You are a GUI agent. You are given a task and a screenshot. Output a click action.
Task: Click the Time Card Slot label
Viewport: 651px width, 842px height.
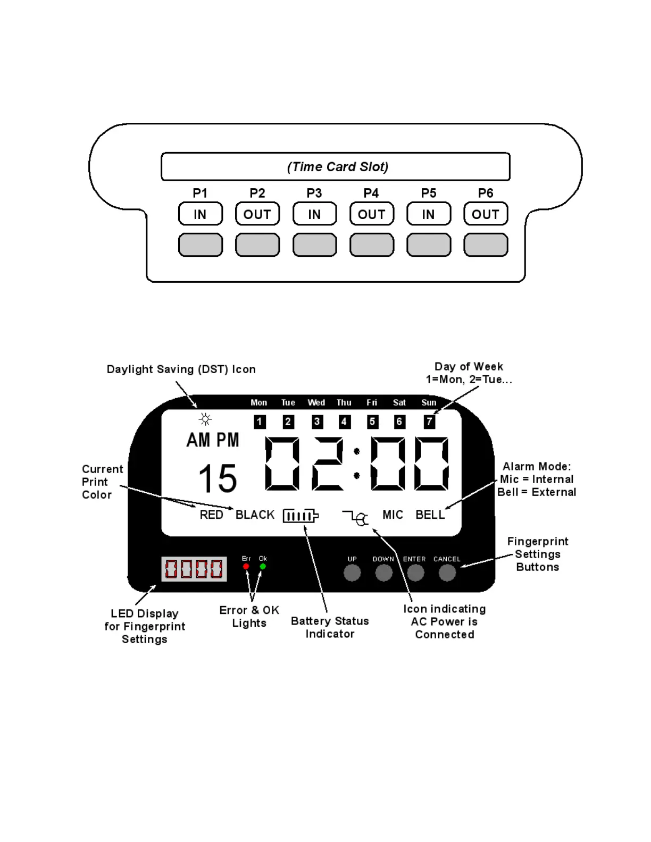point(337,167)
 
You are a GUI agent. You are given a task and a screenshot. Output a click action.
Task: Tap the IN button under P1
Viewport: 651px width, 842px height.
point(200,214)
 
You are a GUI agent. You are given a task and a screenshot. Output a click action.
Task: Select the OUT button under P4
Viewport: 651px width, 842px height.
point(371,214)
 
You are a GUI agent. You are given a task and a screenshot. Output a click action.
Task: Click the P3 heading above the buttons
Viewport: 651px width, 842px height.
point(314,193)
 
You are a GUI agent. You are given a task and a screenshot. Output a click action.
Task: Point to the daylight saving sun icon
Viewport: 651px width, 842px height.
point(205,419)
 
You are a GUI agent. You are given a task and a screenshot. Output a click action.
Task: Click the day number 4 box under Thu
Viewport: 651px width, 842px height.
point(344,422)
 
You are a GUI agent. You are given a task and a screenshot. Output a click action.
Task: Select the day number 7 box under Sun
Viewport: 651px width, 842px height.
point(429,422)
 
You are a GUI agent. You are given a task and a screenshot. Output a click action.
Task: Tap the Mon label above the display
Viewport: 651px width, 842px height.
point(259,403)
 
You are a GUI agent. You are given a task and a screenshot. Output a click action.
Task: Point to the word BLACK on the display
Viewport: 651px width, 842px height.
point(255,515)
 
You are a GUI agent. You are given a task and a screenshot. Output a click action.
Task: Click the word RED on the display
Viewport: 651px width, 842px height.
point(211,515)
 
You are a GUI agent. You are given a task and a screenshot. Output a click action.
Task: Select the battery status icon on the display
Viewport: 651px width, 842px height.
point(301,516)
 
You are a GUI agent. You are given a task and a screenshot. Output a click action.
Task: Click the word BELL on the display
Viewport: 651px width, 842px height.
point(430,515)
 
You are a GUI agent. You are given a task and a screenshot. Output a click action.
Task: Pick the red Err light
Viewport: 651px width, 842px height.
point(246,567)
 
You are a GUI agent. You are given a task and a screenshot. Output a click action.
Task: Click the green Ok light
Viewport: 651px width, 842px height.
point(263,567)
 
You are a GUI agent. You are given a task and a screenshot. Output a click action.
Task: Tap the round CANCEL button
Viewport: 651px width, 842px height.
point(447,573)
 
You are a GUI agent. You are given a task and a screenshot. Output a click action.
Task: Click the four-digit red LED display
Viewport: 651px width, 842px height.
point(194,569)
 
